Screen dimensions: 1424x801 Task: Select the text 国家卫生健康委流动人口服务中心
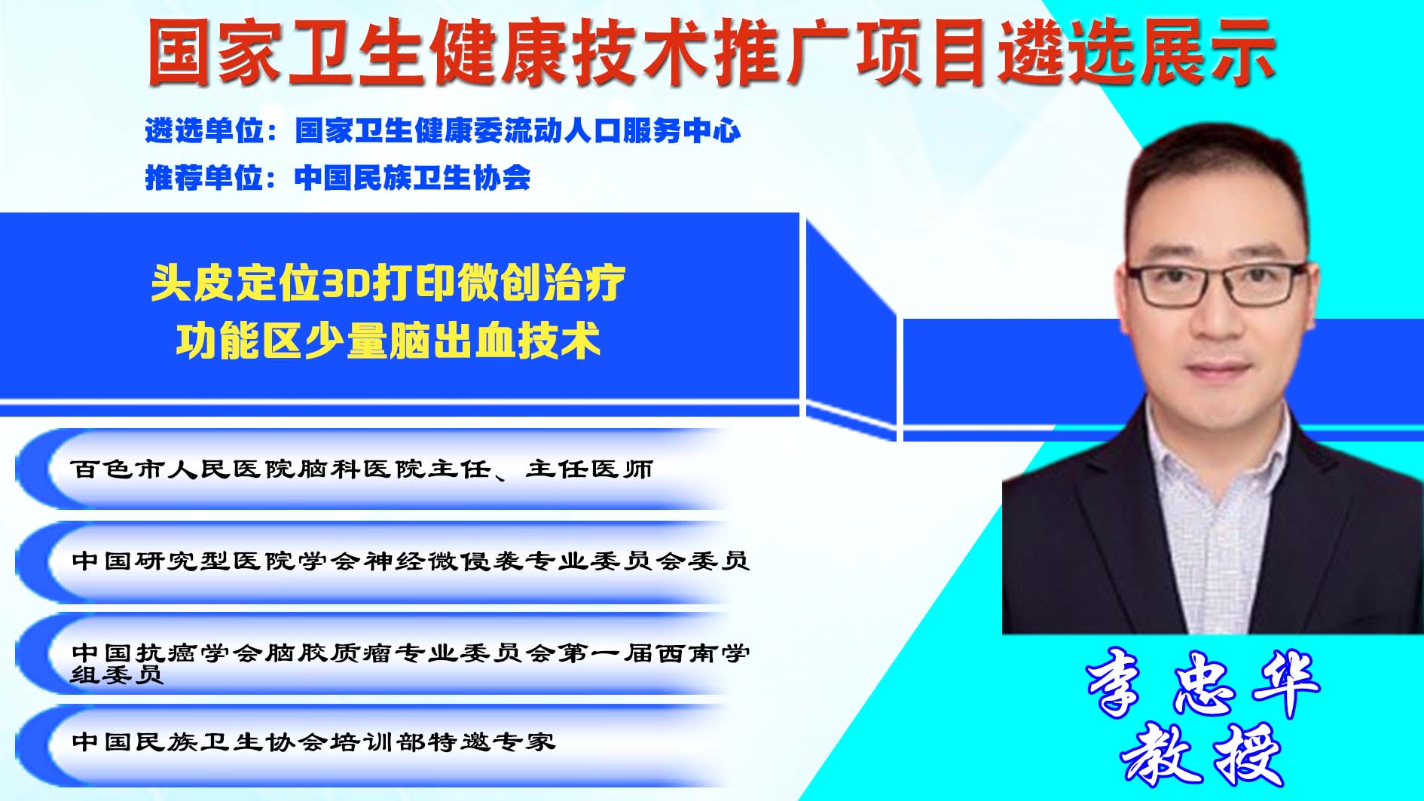pos(518,131)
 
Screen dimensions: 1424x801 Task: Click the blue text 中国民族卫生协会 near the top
pos(412,178)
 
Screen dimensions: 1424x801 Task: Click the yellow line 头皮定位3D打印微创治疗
pos(388,283)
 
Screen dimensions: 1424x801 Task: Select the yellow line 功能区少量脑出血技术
pos(388,341)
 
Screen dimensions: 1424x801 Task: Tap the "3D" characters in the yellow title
pos(344,284)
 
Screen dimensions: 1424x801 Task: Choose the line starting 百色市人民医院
pos(362,469)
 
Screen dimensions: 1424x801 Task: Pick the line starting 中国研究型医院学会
pos(411,561)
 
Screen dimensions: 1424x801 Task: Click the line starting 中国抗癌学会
pos(411,662)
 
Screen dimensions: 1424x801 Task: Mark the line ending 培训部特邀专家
pos(313,742)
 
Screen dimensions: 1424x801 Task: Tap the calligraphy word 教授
pos(1202,755)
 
